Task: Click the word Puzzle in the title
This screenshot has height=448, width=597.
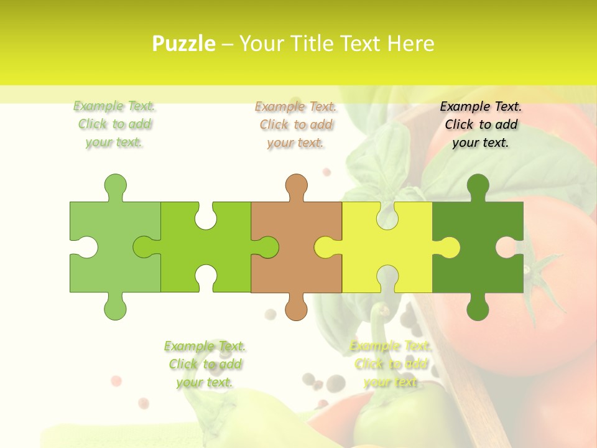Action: click(x=184, y=44)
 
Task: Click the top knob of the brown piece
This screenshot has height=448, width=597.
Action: click(x=297, y=185)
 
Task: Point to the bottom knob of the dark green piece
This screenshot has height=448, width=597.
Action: click(x=478, y=309)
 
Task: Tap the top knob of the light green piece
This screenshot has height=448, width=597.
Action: click(x=115, y=185)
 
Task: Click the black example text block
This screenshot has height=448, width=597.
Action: click(x=481, y=124)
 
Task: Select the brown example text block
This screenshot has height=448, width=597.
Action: click(x=295, y=124)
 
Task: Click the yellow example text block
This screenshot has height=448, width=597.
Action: click(x=391, y=364)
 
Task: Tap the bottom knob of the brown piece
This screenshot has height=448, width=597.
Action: click(x=297, y=309)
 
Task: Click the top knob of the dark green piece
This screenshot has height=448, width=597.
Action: click(x=478, y=185)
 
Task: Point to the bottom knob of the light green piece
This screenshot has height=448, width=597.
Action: click(x=115, y=309)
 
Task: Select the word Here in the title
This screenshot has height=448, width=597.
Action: click(x=410, y=44)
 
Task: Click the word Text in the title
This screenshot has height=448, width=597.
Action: click(x=359, y=44)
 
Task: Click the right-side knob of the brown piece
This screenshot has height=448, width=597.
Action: click(x=267, y=247)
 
